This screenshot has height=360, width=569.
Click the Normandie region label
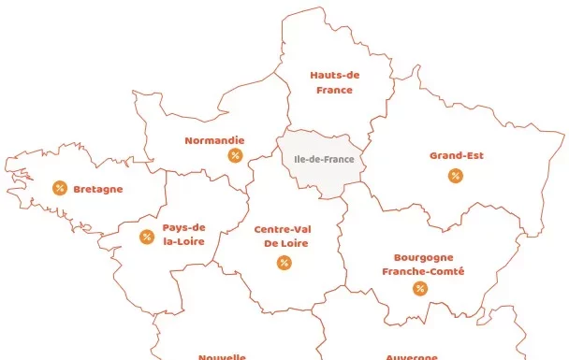pos(214,140)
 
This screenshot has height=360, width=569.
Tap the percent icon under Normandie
pos(235,155)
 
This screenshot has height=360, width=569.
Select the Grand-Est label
pos(457,155)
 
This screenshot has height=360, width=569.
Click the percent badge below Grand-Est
pos(456,176)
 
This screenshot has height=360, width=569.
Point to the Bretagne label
pos(97,189)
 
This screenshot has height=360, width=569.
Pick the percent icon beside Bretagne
pos(60,188)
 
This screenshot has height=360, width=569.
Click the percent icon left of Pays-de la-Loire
pos(146,237)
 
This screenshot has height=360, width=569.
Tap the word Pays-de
pos(183,226)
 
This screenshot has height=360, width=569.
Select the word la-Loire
pos(183,241)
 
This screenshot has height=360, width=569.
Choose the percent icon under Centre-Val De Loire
pos(284,263)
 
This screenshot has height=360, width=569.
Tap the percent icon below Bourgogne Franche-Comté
pos(420,288)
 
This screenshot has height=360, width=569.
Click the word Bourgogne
pos(423,256)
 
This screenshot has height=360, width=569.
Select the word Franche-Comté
pos(423,271)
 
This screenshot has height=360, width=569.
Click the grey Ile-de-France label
pos(324,160)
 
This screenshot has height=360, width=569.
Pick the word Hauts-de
pos(335,75)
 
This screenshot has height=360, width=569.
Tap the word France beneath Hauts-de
pos(334,90)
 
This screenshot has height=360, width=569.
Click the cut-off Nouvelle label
pos(222,356)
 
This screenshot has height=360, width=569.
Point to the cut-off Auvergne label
pos(412,356)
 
